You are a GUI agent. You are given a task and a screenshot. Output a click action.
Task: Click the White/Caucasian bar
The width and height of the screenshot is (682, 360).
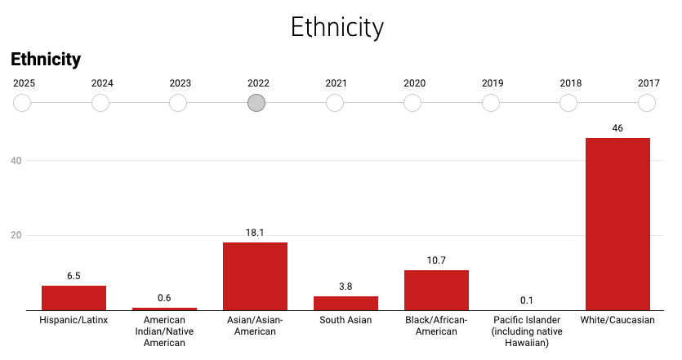[x=617, y=224]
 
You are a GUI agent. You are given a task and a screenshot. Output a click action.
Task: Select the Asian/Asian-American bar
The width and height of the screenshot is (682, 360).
[x=255, y=276]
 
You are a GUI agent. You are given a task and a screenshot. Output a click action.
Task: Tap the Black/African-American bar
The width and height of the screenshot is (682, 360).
[x=436, y=290]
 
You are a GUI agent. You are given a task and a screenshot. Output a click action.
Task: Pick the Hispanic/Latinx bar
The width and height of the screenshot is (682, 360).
[x=74, y=298]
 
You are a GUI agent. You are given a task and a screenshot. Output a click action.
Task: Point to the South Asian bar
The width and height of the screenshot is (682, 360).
[x=345, y=303]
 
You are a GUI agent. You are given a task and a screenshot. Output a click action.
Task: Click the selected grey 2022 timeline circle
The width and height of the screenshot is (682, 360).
[x=256, y=103]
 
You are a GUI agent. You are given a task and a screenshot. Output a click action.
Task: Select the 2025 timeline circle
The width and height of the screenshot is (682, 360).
[x=22, y=103]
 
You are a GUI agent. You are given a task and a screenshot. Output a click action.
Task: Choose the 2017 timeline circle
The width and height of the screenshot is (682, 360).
[x=647, y=103]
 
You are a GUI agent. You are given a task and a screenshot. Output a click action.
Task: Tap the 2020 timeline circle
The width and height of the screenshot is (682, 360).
[x=412, y=103]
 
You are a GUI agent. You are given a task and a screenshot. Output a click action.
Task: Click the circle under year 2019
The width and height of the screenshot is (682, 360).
[x=491, y=103]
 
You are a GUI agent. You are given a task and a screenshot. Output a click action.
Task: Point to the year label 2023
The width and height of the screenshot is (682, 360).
[x=181, y=83]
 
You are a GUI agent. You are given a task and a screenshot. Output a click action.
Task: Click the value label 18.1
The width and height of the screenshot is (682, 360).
[x=255, y=233]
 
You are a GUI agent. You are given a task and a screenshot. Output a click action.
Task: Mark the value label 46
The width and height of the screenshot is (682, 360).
[x=617, y=128]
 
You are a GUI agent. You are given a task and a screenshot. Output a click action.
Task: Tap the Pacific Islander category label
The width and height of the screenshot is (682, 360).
[x=527, y=331]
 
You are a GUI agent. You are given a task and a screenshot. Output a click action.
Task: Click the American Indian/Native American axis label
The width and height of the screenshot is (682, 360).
[x=164, y=331]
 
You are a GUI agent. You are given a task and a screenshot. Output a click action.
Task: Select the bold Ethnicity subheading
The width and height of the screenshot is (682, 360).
[x=46, y=59]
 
